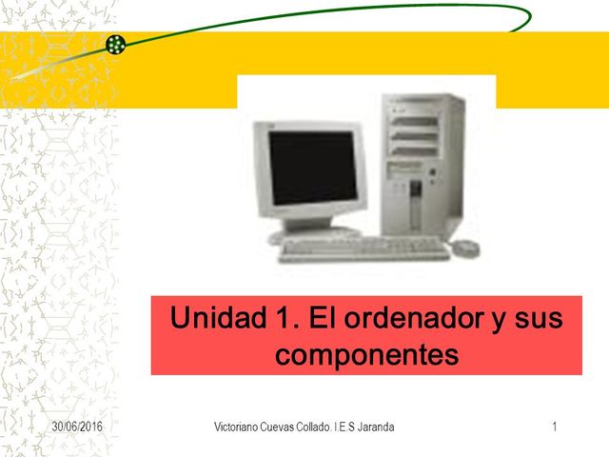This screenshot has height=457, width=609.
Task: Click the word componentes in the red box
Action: [x=365, y=354]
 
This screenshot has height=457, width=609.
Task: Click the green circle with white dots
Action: [x=116, y=44]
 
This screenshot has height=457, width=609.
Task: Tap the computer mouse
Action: [x=465, y=248]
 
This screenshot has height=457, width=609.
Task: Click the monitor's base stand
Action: [x=314, y=228]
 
